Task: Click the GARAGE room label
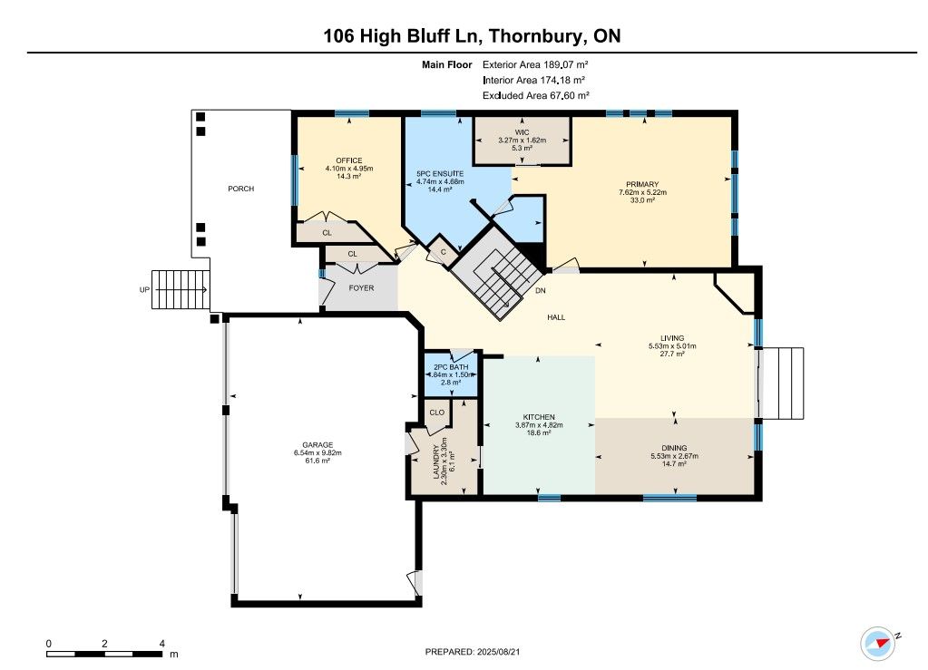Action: point(317,444)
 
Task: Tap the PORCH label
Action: point(241,189)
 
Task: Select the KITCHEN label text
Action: point(539,417)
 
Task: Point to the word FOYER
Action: point(361,288)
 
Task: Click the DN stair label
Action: point(541,291)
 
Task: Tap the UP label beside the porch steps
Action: point(144,290)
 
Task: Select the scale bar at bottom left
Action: point(104,654)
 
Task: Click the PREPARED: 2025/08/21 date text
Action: point(473,652)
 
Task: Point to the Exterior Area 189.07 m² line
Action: point(535,64)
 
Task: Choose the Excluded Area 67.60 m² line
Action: point(535,95)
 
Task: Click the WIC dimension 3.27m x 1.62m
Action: point(522,141)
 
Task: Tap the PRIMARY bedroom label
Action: point(642,185)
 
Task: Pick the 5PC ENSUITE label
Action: point(440,174)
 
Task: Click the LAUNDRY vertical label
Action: point(436,461)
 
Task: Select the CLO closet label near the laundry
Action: point(436,413)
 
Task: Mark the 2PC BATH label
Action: point(451,367)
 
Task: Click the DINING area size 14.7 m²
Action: point(674,463)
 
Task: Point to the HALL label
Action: point(556,317)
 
